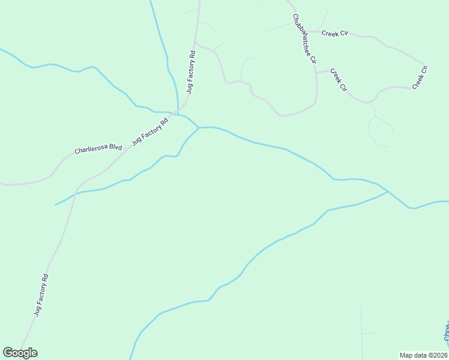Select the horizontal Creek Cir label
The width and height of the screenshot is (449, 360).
coord(335,33)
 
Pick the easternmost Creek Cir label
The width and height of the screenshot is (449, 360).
coord(420,78)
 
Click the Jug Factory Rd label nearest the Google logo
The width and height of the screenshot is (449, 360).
coord(41,295)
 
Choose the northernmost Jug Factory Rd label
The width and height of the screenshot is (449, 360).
coord(190,72)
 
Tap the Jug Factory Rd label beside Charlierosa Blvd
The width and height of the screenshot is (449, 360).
coord(150,131)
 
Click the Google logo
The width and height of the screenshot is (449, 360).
coord(20,353)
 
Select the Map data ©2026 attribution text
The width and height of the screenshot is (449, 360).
coord(423,355)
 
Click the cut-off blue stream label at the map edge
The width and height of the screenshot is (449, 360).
coord(446,333)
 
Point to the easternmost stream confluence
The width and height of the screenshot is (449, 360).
coord(388,191)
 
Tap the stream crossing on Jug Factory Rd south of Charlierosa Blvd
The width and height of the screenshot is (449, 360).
coord(74,193)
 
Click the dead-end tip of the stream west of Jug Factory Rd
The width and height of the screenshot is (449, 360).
coord(55,205)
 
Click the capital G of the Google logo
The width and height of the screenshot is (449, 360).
coord(8,353)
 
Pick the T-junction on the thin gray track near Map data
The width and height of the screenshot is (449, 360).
coord(361,333)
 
